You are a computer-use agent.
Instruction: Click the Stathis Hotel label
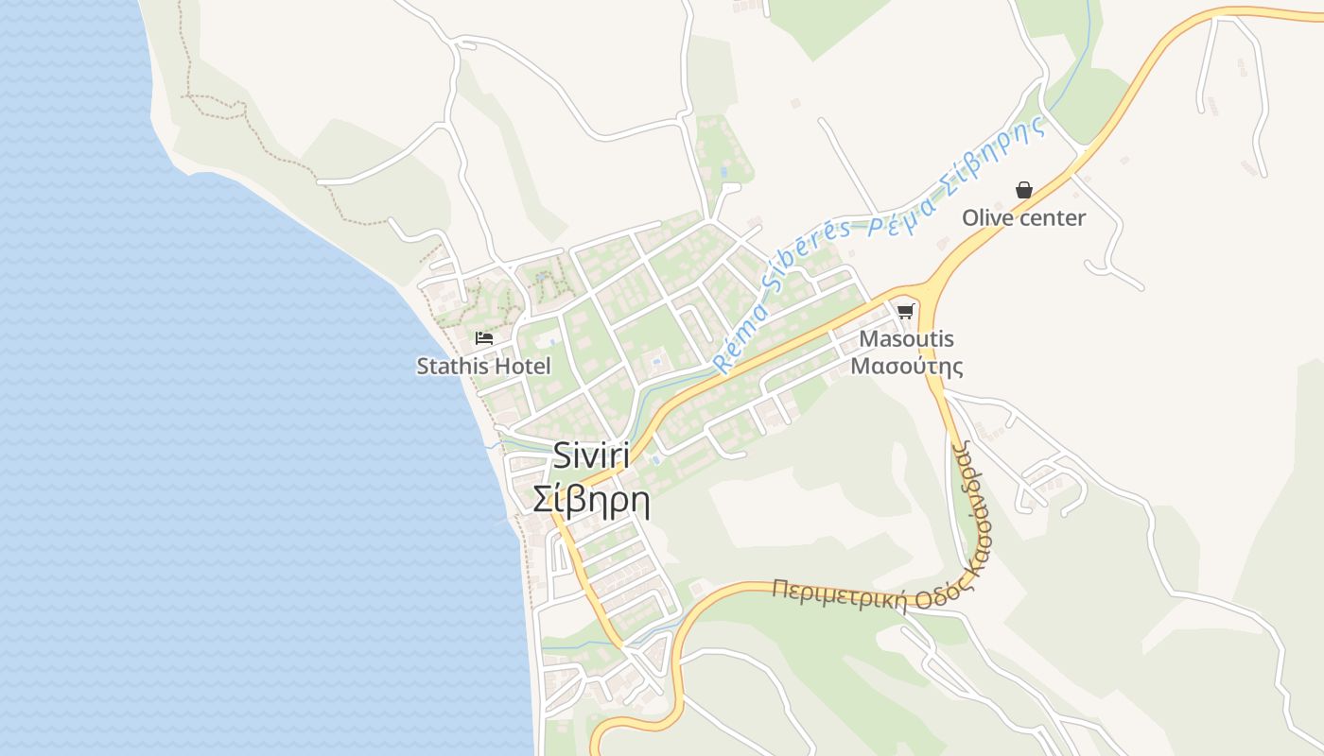point(483,366)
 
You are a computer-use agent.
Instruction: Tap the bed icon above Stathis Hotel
point(484,338)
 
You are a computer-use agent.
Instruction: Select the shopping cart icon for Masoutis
point(906,311)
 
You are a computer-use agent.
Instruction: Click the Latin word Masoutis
point(906,338)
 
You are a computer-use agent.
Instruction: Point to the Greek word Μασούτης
point(906,366)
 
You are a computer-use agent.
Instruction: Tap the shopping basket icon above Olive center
point(1023,190)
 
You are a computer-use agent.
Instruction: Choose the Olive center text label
point(1023,218)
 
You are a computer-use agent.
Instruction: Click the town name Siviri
point(591,456)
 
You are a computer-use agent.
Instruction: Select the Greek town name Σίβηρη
point(591,499)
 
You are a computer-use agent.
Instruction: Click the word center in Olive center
point(1053,218)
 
